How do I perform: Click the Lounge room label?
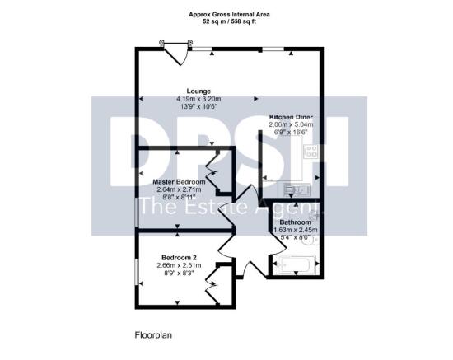[x=198, y=91]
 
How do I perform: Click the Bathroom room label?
[x=294, y=222]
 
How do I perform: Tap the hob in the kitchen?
[x=311, y=152]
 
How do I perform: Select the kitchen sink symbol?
[x=301, y=189]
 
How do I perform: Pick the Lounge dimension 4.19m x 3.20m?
[x=198, y=99]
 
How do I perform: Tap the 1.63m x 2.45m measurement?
[x=294, y=231]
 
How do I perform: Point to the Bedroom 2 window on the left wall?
[x=137, y=272]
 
